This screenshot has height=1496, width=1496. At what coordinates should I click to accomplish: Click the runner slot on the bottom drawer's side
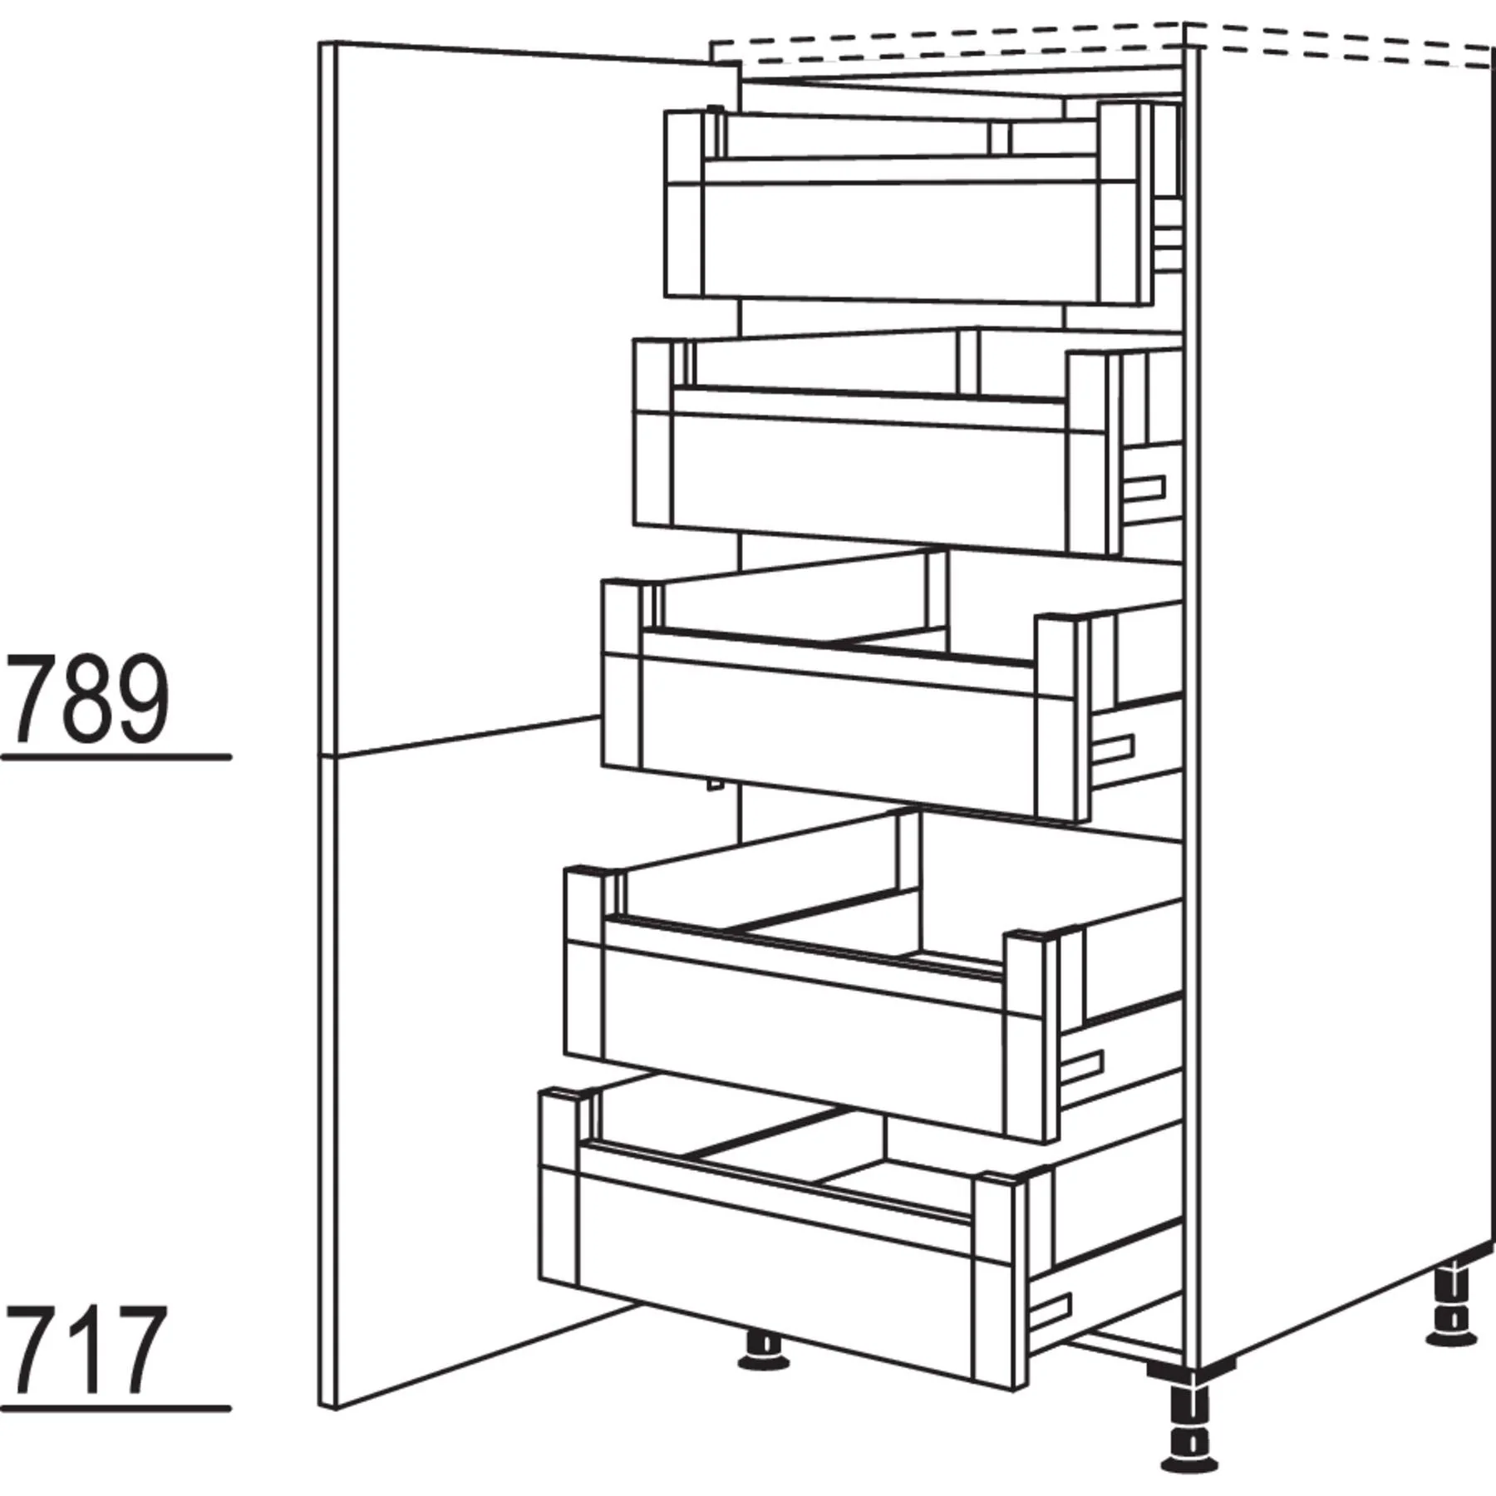click(1053, 1314)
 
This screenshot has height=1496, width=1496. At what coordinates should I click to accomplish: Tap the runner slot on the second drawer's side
click(1144, 490)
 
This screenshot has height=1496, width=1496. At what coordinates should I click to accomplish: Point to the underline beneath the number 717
click(116, 1408)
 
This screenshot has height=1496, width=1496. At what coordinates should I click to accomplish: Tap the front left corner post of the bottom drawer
click(560, 1197)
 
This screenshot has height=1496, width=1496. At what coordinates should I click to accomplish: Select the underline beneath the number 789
click(116, 757)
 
